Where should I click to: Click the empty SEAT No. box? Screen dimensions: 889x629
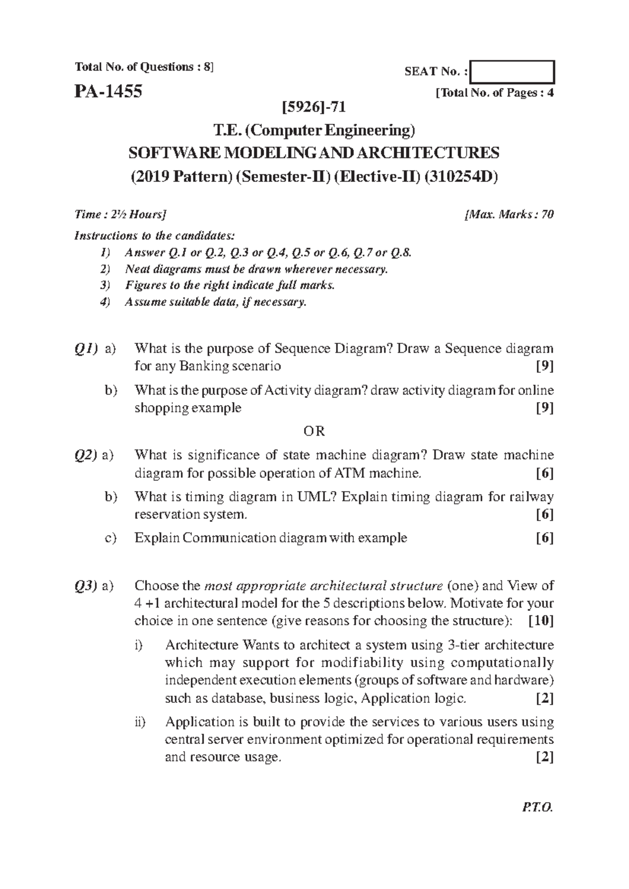click(512, 72)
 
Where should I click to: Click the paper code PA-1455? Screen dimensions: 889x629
click(108, 92)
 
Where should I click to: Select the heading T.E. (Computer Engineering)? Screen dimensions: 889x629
click(314, 130)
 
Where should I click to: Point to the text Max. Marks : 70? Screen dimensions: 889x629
click(509, 214)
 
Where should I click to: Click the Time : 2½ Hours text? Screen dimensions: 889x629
click(121, 214)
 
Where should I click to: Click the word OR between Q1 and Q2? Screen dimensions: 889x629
click(314, 431)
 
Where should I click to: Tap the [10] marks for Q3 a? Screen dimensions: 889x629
click(541, 621)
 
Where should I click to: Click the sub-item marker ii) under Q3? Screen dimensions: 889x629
click(139, 722)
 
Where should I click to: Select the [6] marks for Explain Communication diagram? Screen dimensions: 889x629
click(545, 538)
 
